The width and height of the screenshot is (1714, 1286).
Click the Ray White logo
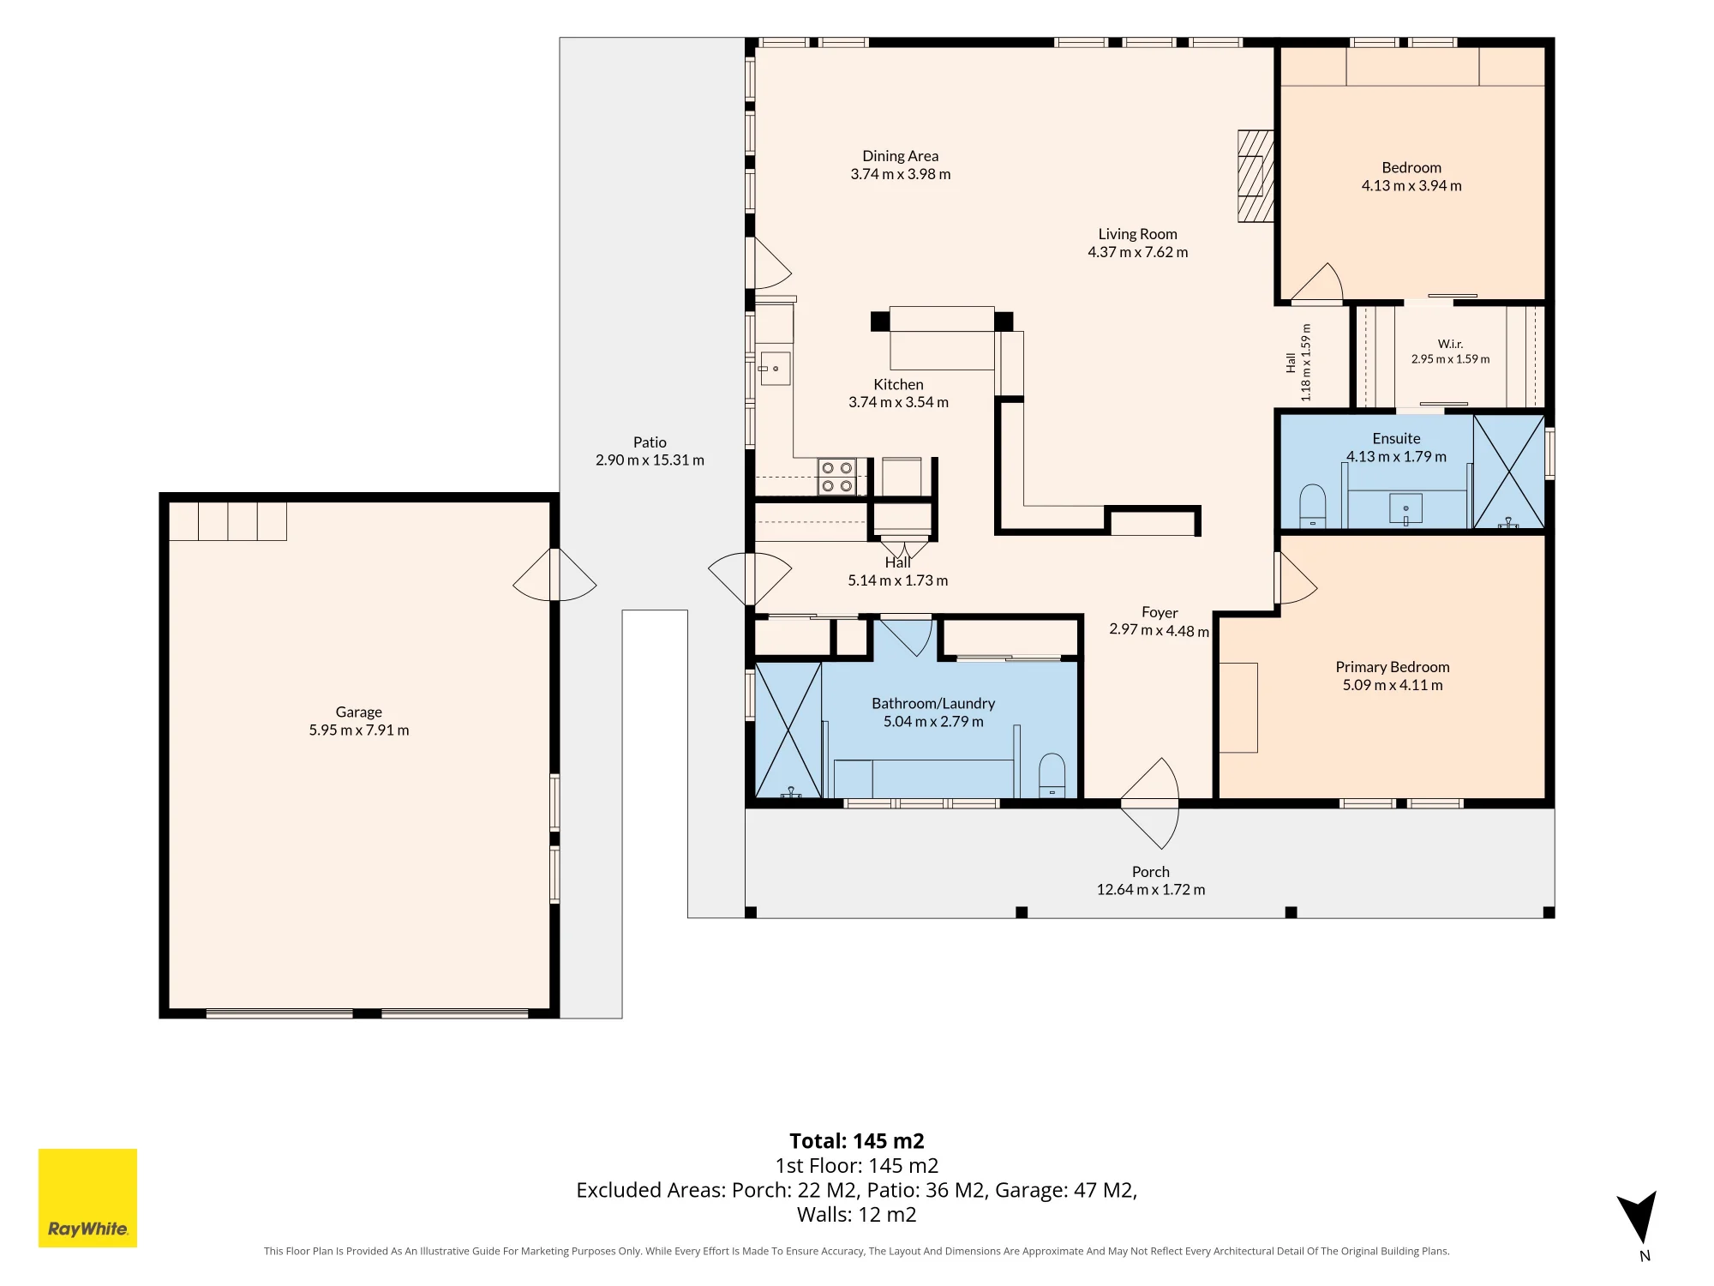pos(87,1198)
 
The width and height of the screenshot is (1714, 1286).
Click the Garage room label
pos(359,712)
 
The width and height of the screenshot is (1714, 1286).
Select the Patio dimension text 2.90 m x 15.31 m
pos(650,460)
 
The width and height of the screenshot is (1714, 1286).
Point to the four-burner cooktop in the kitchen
pos(837,477)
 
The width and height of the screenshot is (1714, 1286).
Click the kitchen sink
pos(775,369)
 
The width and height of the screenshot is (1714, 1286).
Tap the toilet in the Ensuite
pos(1313,506)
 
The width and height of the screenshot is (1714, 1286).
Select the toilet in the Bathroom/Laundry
pos(1052,775)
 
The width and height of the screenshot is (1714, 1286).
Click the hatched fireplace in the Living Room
pos(1256,177)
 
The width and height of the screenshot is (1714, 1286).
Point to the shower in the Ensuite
pos(1509,472)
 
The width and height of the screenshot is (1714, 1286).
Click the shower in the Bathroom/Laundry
pos(788,730)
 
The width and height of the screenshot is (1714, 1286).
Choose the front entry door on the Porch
pos(1149,803)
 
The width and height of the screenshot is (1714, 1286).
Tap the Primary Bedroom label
pos(1393,667)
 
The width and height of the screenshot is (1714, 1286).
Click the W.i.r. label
pos(1450,344)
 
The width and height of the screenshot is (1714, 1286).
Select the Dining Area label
pos(901,156)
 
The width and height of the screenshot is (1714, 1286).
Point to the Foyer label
pos(1160,612)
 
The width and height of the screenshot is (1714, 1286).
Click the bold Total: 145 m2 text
pos(857,1141)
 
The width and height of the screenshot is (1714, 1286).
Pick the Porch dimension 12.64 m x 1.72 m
pos(1151,890)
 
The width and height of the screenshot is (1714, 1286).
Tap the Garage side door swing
pos(554,574)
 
